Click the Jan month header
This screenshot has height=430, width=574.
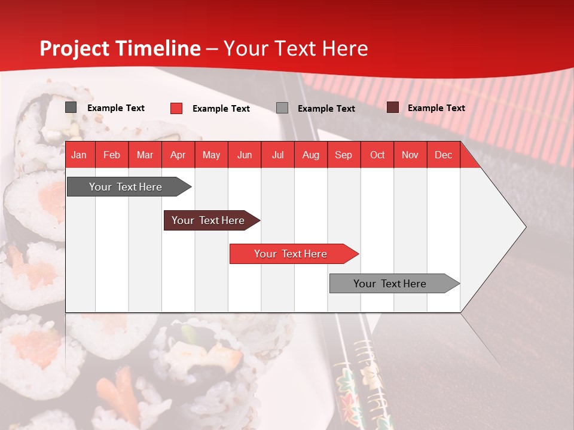click(79, 155)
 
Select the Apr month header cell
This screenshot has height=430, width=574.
click(178, 155)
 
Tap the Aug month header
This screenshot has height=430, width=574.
click(310, 155)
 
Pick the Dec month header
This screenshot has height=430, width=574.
click(443, 155)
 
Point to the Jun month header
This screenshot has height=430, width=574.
click(244, 155)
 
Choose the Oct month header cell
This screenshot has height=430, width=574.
click(377, 155)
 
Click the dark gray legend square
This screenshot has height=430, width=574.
click(71, 107)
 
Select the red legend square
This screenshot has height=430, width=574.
click(176, 108)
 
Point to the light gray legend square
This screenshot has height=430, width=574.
click(282, 108)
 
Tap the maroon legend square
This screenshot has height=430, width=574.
click(392, 107)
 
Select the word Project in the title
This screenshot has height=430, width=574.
click(75, 48)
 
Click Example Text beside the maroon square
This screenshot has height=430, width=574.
click(436, 108)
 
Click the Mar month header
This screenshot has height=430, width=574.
click(145, 155)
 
